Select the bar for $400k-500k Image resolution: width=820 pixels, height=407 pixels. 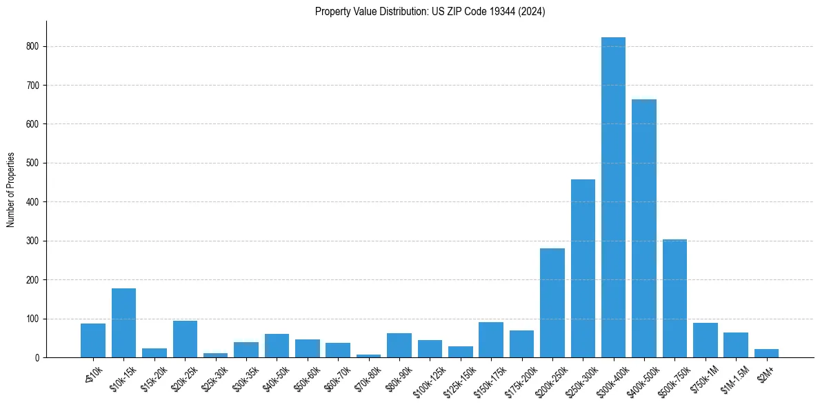point(644,228)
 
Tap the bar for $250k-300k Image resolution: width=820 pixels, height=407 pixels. point(583,268)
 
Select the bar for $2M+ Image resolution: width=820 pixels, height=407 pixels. point(766,353)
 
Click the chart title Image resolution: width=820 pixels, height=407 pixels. point(430,12)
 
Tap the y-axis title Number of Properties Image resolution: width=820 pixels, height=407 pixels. point(11,189)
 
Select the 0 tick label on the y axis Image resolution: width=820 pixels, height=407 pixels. point(37,357)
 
